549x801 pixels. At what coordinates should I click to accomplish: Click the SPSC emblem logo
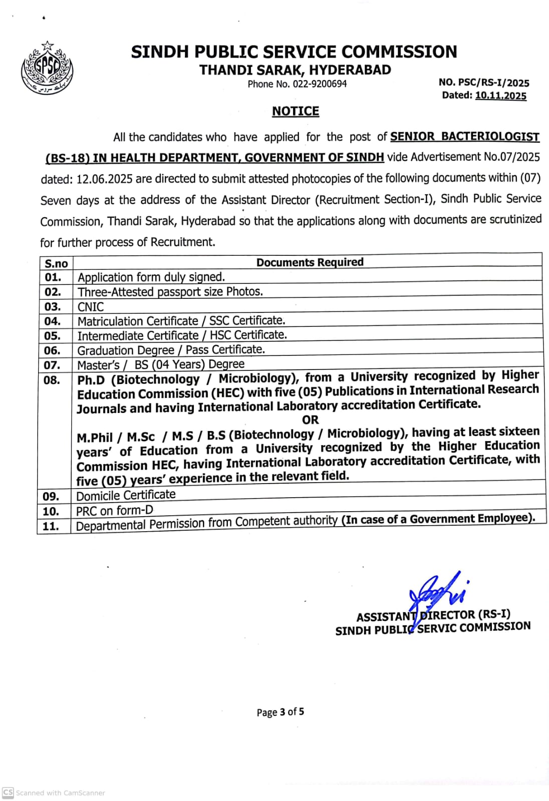47,68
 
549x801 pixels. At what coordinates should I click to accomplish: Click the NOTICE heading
296,111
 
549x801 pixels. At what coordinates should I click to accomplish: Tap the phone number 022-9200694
320,84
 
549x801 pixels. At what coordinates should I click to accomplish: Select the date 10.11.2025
500,96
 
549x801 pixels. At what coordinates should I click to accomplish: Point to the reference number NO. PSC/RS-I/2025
483,83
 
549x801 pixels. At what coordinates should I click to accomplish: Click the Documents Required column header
310,262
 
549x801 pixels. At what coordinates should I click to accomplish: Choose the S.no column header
56,264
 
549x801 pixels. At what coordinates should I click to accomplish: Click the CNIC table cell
91,307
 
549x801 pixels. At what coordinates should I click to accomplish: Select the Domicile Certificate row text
126,495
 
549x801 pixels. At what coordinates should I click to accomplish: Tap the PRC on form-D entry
115,511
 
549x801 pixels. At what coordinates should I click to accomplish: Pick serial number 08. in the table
52,380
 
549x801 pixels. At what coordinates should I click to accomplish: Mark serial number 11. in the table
51,526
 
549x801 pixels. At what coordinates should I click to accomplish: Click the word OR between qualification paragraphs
310,420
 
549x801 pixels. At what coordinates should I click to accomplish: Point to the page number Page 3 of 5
280,712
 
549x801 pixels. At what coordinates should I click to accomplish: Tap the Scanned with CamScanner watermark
54,793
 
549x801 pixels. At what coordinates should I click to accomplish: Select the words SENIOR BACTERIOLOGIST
464,137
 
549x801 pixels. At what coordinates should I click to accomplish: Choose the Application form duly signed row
151,277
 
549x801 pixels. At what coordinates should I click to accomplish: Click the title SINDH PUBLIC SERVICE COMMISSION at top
294,52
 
